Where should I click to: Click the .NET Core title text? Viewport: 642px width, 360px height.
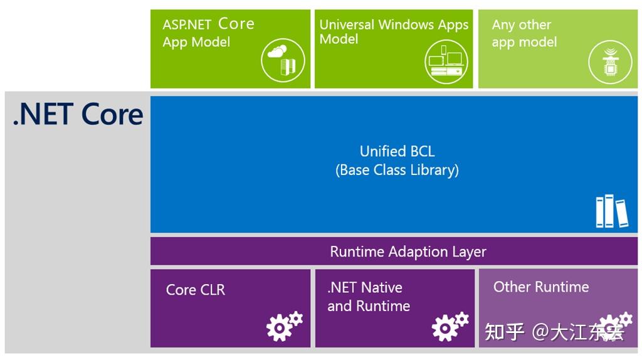pos(78,114)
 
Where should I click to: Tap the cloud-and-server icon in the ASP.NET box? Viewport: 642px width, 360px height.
pos(283,60)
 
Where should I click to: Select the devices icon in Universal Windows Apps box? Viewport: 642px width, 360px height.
pos(446,60)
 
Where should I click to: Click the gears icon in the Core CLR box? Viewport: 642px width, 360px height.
pos(284,325)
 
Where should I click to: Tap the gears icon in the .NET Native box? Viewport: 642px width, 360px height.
pos(450,325)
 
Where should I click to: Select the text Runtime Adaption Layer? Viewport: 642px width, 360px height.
pos(408,251)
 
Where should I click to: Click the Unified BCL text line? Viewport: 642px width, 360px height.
pos(397,151)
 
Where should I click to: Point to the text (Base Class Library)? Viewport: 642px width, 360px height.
pos(397,170)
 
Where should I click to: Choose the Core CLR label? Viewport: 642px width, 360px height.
pos(195,290)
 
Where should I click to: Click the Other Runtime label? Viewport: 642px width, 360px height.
pos(541,287)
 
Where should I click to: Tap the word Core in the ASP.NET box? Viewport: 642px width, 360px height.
pos(236,24)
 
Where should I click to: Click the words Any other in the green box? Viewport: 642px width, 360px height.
pos(522,25)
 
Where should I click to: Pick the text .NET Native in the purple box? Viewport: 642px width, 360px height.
pos(365,287)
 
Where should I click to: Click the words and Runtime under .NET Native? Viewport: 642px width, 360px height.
pos(369,306)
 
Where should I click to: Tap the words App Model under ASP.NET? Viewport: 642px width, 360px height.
pos(196,42)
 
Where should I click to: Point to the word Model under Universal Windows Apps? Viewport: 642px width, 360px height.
pos(339,39)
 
